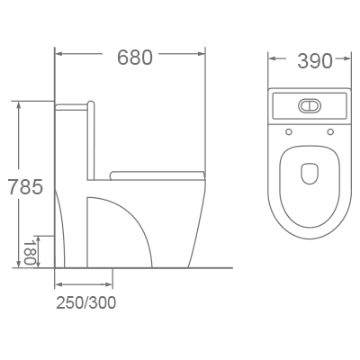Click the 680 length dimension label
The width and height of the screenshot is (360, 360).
point(134,57)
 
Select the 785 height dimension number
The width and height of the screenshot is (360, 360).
point(23,188)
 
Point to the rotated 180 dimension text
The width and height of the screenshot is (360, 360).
point(30,251)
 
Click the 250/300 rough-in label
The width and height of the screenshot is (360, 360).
point(85,302)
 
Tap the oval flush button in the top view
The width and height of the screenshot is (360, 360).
point(309,104)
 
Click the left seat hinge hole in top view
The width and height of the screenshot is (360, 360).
point(290,133)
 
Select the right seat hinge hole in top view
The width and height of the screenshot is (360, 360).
point(330,133)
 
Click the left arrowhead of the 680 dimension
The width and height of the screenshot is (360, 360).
point(59,55)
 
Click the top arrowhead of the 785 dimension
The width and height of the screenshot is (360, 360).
point(18,105)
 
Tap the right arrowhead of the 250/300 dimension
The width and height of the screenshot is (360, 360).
point(109,285)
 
